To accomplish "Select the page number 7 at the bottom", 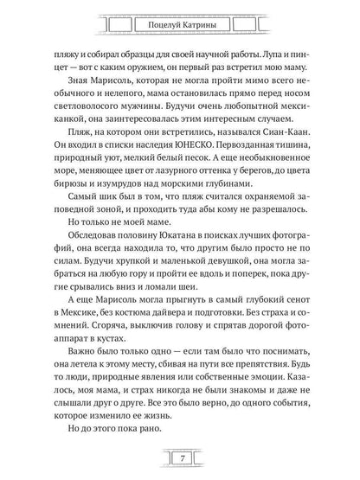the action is (180, 456).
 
